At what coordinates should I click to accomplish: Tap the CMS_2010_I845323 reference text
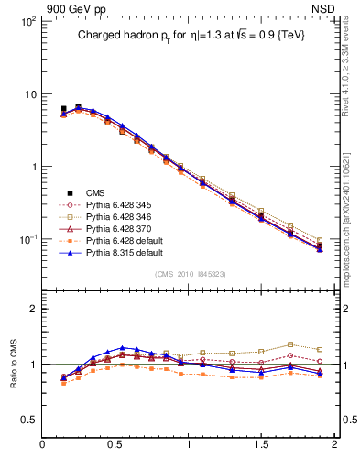click(x=189, y=273)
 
